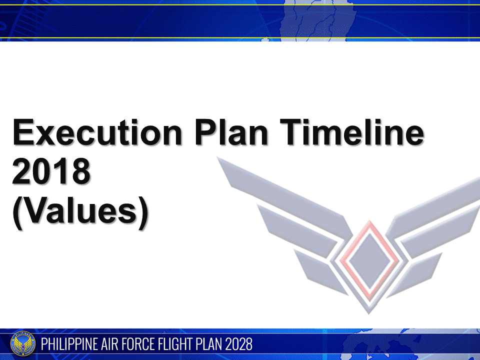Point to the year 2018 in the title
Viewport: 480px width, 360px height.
click(51, 171)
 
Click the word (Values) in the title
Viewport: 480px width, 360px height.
click(80, 212)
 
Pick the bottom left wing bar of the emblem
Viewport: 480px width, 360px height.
click(320, 270)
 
